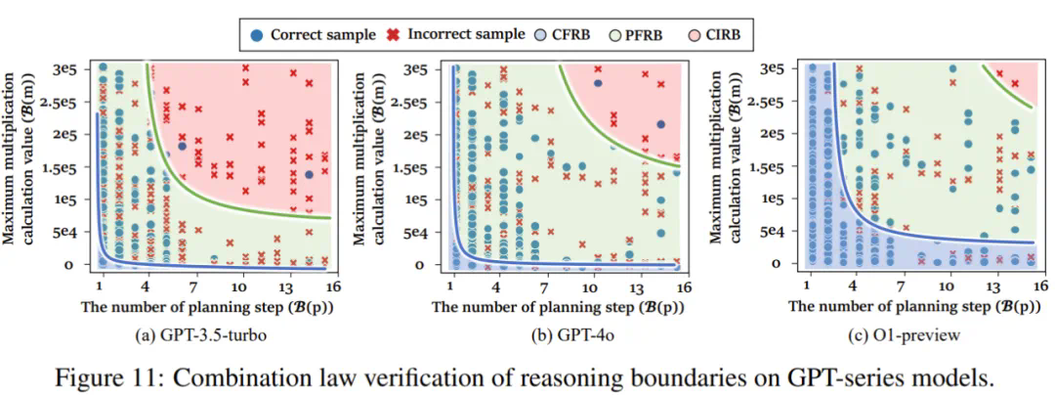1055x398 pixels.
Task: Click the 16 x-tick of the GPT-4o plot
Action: point(682,287)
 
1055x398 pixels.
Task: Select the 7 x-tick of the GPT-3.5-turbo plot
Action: point(193,287)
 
